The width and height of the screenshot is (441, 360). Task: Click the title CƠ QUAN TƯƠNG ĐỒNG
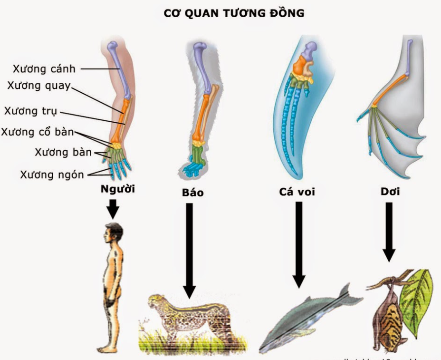(x=234, y=13)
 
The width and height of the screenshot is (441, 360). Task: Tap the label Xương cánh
(x=44, y=69)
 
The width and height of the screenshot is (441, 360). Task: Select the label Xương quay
(x=39, y=85)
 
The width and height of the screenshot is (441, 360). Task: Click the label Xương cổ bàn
(x=37, y=132)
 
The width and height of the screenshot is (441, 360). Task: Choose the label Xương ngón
(x=52, y=174)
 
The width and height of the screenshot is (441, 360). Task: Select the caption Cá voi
(x=296, y=192)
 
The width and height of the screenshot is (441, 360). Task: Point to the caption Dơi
(x=390, y=192)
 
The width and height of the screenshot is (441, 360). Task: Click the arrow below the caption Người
(x=113, y=209)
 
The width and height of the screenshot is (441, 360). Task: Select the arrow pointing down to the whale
(x=298, y=247)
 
